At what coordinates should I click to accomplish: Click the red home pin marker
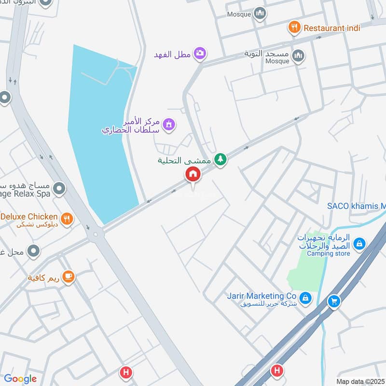[193, 174]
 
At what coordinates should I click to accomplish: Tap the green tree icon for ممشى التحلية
[221, 159]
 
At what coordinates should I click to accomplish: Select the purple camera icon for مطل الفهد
[200, 53]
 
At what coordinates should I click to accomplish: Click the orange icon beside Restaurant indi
[294, 28]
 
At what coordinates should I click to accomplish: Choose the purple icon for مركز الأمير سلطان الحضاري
[168, 125]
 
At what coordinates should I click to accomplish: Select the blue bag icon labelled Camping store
[359, 244]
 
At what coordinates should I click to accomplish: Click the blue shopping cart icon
[333, 302]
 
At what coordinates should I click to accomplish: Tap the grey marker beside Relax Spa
[59, 188]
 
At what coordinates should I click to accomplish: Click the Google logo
[20, 379]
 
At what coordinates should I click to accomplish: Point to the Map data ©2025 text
[360, 382]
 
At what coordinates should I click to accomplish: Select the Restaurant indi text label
[331, 28]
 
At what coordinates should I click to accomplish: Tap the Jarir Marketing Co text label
[262, 295]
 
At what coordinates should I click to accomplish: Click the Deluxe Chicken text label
[29, 217]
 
